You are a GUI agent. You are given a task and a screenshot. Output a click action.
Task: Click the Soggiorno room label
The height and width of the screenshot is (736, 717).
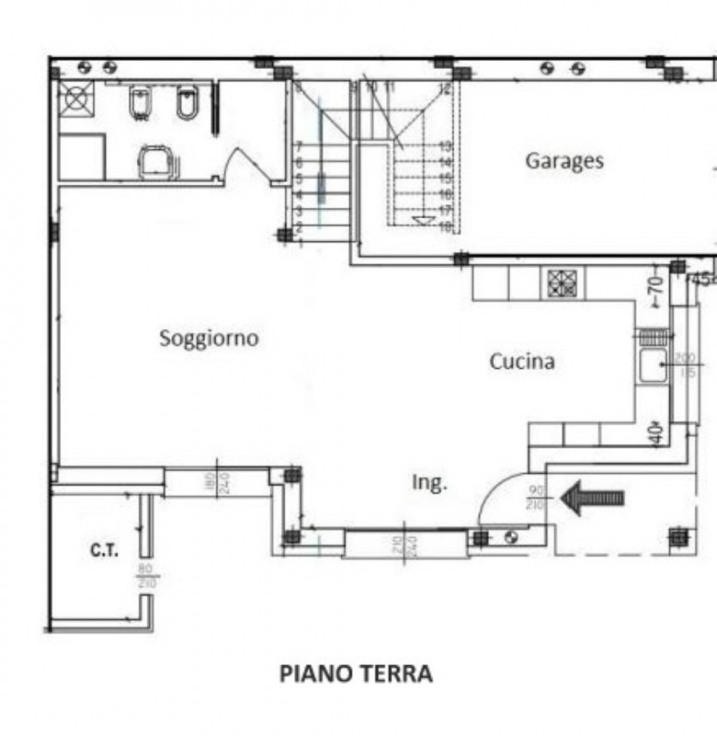(209, 338)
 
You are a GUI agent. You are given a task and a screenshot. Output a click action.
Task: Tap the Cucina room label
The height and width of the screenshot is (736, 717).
(521, 362)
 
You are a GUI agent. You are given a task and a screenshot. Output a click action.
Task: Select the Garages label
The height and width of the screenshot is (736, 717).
(564, 160)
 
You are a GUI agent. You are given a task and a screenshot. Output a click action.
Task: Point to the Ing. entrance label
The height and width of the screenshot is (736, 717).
(429, 482)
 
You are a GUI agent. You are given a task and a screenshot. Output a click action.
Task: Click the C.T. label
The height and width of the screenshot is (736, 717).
(103, 551)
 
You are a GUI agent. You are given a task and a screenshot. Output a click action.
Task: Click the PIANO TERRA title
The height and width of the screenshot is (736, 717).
(356, 674)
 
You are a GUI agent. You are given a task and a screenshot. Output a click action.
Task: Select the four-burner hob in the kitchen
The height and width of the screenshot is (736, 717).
(560, 283)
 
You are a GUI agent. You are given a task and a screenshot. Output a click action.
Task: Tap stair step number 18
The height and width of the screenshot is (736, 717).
(445, 226)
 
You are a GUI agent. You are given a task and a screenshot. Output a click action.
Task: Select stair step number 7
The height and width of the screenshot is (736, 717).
(299, 146)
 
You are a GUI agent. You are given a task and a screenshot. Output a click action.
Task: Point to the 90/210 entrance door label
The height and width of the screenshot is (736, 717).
(536, 498)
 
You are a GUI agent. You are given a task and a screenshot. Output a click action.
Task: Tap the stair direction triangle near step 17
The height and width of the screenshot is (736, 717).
(422, 220)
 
